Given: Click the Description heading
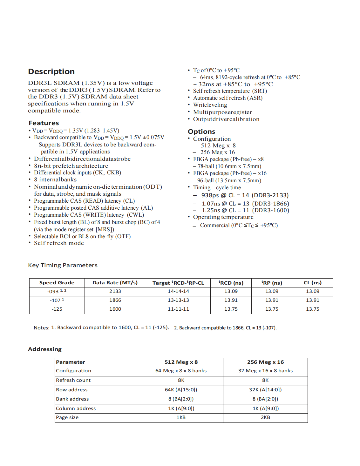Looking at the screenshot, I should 51,71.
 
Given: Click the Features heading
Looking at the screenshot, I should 44,123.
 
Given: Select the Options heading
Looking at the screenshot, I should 201,132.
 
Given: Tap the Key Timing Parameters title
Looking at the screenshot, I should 63,265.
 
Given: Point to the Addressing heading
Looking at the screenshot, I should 45,349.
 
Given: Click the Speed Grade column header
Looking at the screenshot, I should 57,283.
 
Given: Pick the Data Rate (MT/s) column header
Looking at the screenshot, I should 115,283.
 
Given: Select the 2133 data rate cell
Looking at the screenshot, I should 115,291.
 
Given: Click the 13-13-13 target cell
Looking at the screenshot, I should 178,300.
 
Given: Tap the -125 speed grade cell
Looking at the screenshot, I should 57,309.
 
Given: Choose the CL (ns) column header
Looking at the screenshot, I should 313,283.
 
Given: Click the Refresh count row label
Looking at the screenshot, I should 73,380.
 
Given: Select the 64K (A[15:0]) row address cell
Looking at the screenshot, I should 181,390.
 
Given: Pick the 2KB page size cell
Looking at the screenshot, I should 265,417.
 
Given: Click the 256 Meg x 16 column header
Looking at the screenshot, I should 265,362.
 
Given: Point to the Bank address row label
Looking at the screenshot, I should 72,399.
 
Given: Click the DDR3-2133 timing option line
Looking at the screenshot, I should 245,195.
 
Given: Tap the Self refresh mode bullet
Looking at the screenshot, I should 59,243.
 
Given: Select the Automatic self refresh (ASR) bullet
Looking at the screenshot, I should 228,98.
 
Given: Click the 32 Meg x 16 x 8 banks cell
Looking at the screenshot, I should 265,371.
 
